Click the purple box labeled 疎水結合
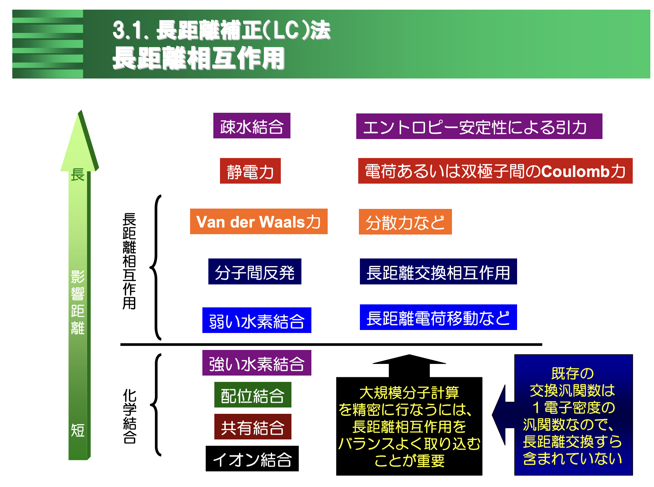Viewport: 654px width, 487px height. pyautogui.click(x=252, y=126)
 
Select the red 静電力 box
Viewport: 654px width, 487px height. pyautogui.click(x=250, y=171)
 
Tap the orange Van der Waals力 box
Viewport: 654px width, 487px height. pyautogui.click(x=259, y=222)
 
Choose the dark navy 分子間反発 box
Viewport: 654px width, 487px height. pyautogui.click(x=255, y=271)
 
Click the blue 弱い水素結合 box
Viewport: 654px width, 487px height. pyautogui.click(x=257, y=320)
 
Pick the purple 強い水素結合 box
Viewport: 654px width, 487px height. pyautogui.click(x=257, y=363)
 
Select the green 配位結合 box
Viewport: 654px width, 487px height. pyautogui.click(x=253, y=395)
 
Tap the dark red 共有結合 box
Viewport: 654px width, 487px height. pyautogui.click(x=253, y=427)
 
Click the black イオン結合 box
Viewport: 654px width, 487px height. pyautogui.click(x=252, y=459)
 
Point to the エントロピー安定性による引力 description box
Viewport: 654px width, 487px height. pyautogui.click(x=479, y=126)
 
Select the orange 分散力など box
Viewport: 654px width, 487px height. pyautogui.click(x=405, y=222)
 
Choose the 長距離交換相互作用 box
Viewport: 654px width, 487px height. pyautogui.click(x=438, y=271)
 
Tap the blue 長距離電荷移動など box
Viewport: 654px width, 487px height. pyautogui.click(x=438, y=317)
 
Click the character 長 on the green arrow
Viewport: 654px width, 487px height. pyautogui.click(x=77, y=174)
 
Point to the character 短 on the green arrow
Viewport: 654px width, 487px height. pyautogui.click(x=77, y=430)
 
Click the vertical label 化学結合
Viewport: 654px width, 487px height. pyautogui.click(x=129, y=416)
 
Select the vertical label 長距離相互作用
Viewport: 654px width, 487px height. pyautogui.click(x=129, y=261)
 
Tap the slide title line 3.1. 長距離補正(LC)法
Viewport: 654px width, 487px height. pyautogui.click(x=221, y=31)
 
